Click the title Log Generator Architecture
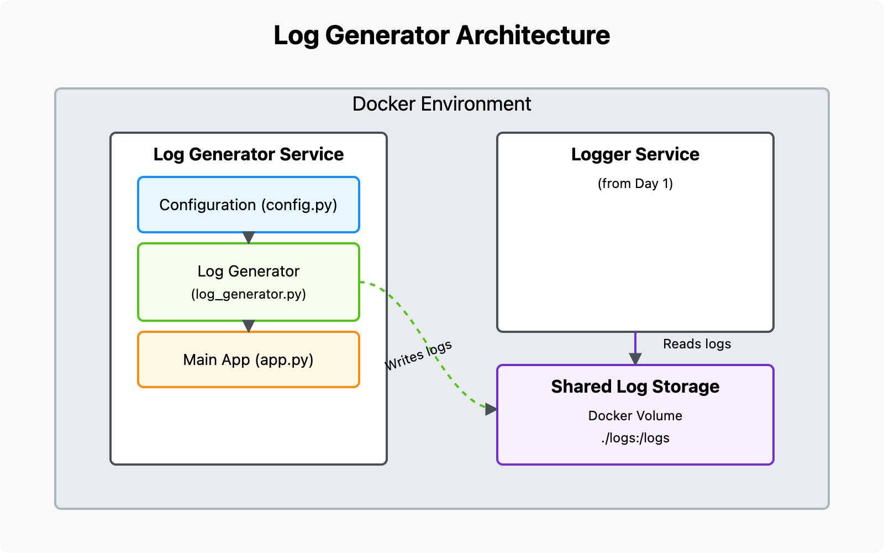click(x=441, y=35)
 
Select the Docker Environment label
click(x=441, y=104)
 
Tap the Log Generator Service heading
click(x=248, y=154)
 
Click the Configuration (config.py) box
click(x=248, y=205)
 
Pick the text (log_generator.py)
click(x=248, y=294)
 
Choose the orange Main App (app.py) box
click(x=248, y=360)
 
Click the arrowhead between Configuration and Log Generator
click(x=249, y=237)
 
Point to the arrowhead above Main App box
click(x=249, y=326)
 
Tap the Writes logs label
click(x=418, y=356)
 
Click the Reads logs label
click(x=697, y=344)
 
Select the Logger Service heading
click(x=635, y=154)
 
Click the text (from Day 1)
click(x=635, y=184)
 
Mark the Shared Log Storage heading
click(x=635, y=387)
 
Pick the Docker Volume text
click(x=635, y=416)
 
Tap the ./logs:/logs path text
click(x=635, y=438)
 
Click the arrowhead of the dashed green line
click(x=491, y=410)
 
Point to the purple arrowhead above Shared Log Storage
click(x=635, y=359)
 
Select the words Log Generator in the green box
click(x=248, y=272)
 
